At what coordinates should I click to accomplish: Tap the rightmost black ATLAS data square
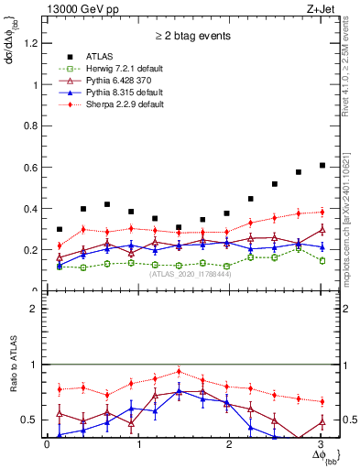322,165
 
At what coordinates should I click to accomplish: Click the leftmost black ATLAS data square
60,229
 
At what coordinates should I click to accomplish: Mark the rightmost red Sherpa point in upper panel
322,212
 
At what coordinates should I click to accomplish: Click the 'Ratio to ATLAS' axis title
13,367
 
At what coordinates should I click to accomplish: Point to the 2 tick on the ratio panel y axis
38,309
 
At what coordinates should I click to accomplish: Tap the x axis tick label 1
138,444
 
